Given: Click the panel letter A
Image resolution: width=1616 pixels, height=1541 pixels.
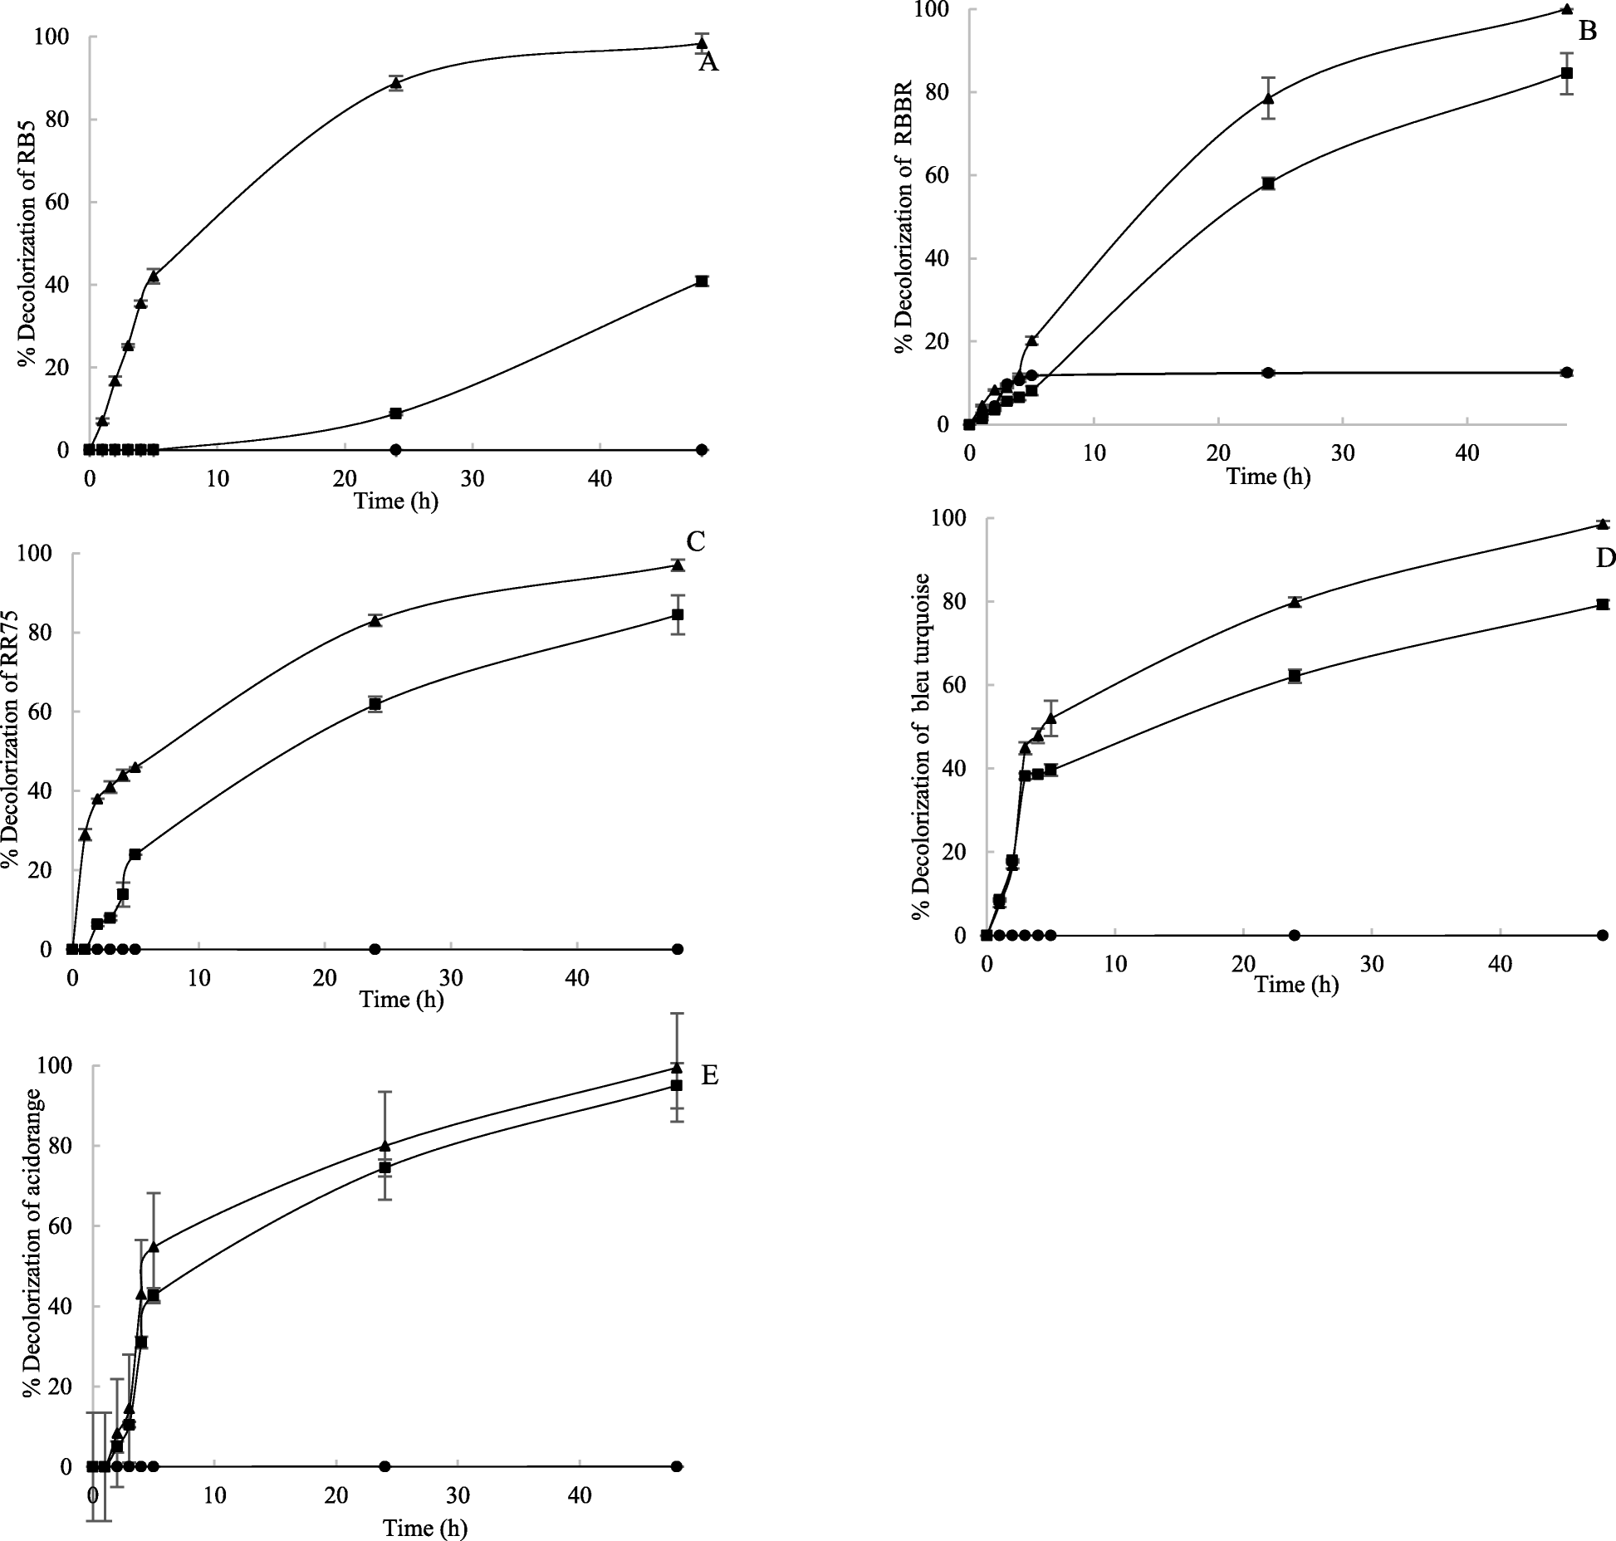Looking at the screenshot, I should [x=708, y=62].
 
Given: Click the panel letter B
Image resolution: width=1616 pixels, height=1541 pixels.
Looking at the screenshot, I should [x=1587, y=32].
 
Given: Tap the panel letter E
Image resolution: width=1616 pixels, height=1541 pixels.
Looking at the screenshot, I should [x=709, y=1075].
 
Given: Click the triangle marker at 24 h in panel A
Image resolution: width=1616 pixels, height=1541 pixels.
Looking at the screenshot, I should [x=396, y=82].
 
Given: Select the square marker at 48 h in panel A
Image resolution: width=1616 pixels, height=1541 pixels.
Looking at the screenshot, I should [x=702, y=281].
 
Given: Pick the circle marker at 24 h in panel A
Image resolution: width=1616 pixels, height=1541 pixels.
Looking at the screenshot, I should [x=396, y=449].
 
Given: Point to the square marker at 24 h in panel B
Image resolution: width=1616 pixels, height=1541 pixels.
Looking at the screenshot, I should [x=1268, y=183].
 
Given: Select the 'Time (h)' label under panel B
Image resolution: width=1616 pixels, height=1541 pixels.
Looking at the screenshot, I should [x=1268, y=477].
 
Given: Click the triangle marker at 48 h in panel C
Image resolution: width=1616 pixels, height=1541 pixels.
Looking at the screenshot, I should [x=678, y=565].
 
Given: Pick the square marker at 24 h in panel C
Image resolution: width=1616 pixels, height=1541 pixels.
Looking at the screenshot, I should [x=375, y=704].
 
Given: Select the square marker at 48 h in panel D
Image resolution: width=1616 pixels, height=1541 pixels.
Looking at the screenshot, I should [x=1603, y=604].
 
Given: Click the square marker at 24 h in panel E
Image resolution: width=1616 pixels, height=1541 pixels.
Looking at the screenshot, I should [x=384, y=1167].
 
